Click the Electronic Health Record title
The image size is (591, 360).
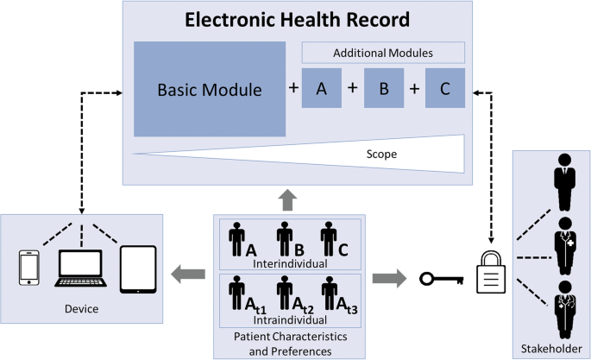click(x=296, y=18)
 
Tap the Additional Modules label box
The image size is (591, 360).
click(x=383, y=53)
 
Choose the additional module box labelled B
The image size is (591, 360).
click(x=384, y=89)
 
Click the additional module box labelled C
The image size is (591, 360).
click(x=444, y=89)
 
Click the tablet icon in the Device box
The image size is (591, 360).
click(x=137, y=268)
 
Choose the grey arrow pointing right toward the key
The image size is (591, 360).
click(x=389, y=278)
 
